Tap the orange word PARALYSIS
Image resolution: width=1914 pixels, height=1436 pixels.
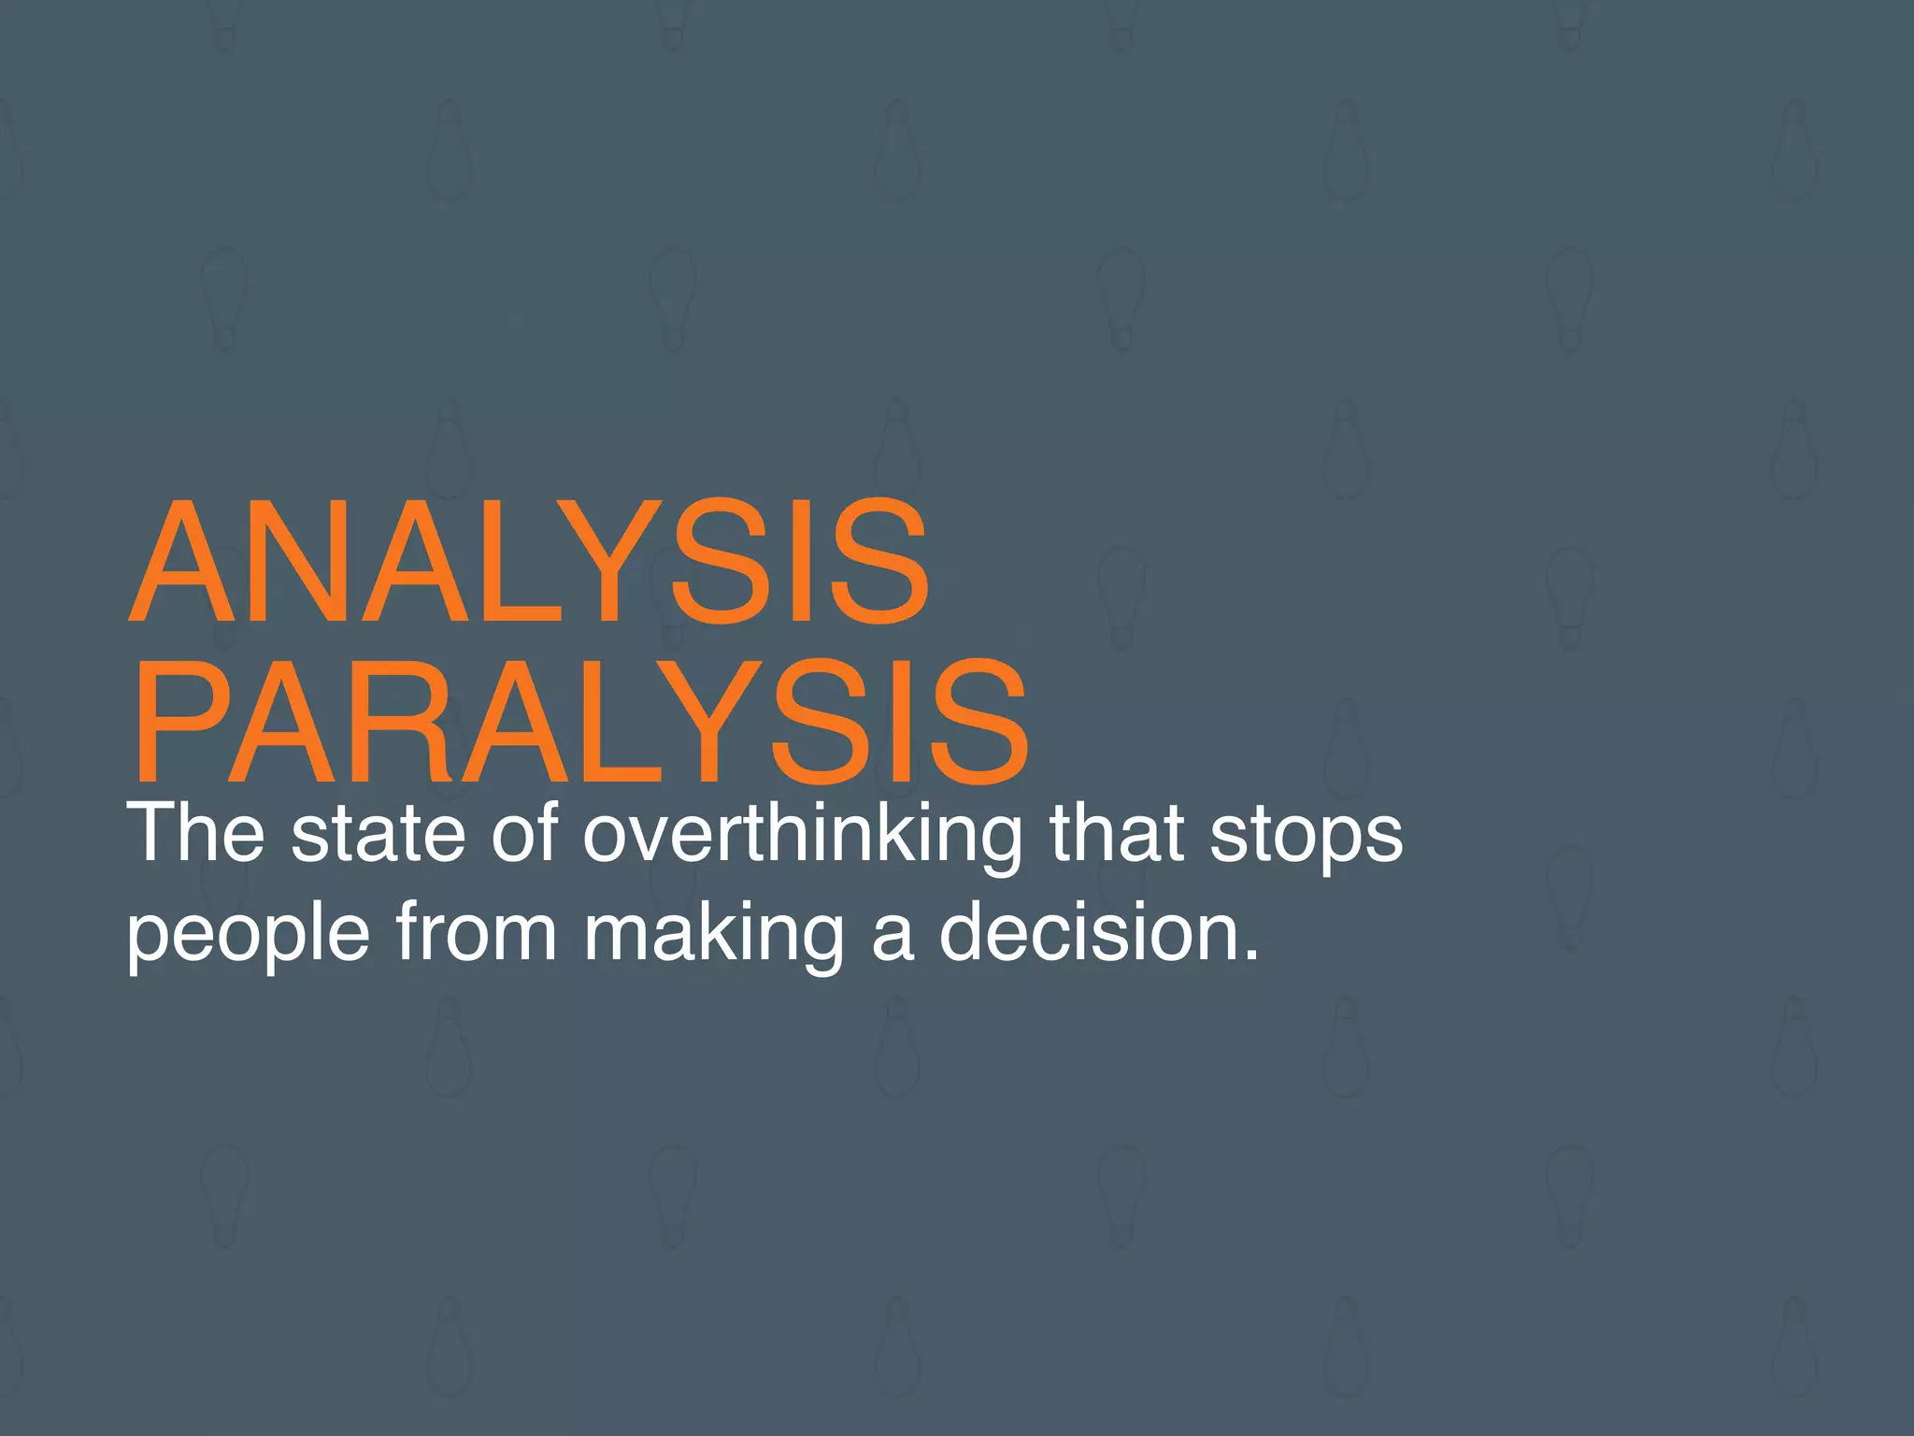pyautogui.click(x=579, y=721)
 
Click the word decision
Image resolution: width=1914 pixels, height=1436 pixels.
pyautogui.click(x=1089, y=932)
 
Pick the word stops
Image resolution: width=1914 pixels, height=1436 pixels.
pyautogui.click(x=1306, y=835)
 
